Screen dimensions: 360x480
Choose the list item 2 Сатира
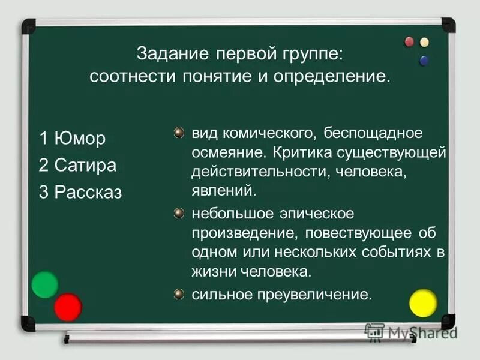tap(77, 165)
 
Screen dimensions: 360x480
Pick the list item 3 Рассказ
tap(80, 192)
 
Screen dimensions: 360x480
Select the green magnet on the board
tap(45, 284)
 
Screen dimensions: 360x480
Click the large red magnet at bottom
tap(68, 307)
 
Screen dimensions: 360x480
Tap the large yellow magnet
tap(423, 302)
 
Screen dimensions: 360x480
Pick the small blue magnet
tap(424, 60)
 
